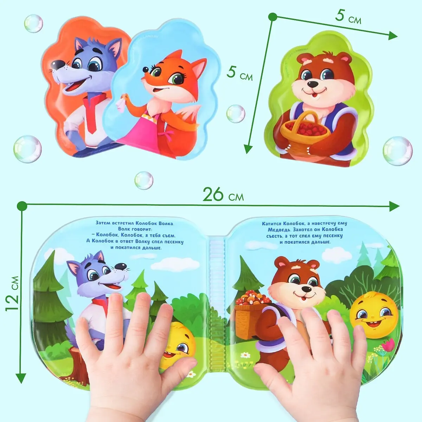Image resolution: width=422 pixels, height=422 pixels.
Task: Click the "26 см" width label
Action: tap(223, 195)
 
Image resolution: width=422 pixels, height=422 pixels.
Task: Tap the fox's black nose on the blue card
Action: tap(145, 70)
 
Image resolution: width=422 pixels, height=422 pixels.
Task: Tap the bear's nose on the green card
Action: tap(313, 84)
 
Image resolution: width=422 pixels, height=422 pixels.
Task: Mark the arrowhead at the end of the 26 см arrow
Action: tap(395, 206)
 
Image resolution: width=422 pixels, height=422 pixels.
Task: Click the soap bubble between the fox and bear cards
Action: tap(236, 114)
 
